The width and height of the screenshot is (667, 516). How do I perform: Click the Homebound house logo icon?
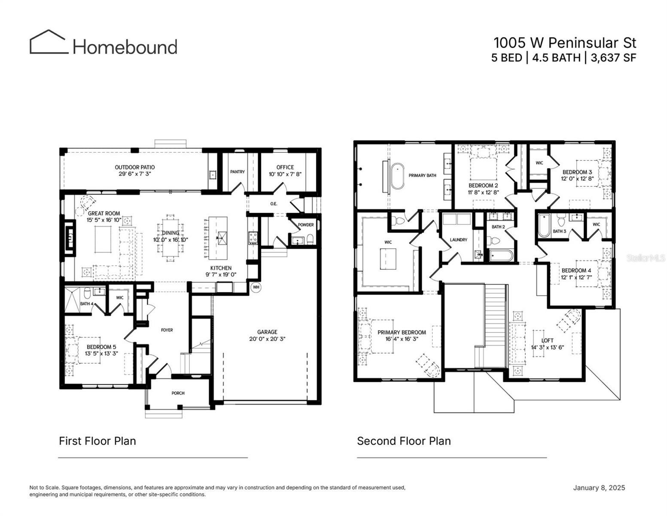[48, 42]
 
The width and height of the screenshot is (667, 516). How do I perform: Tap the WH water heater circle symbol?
[256, 287]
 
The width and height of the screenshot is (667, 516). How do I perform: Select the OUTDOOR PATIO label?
[134, 167]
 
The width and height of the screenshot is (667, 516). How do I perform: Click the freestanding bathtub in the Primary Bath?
[397, 175]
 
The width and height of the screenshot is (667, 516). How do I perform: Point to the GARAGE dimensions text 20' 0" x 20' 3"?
[267, 339]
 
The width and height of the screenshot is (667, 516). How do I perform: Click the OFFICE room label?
[285, 167]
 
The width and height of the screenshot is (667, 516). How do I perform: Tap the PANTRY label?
[237, 172]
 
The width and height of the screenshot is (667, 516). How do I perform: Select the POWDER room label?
[306, 225]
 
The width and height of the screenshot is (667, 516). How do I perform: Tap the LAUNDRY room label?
[458, 240]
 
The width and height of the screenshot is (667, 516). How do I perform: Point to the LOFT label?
[547, 341]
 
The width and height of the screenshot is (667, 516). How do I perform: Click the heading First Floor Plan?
[97, 441]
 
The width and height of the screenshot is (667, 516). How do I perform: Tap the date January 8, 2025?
[599, 488]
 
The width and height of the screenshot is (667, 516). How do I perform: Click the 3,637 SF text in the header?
[613, 58]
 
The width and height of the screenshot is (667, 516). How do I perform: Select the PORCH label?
[178, 393]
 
